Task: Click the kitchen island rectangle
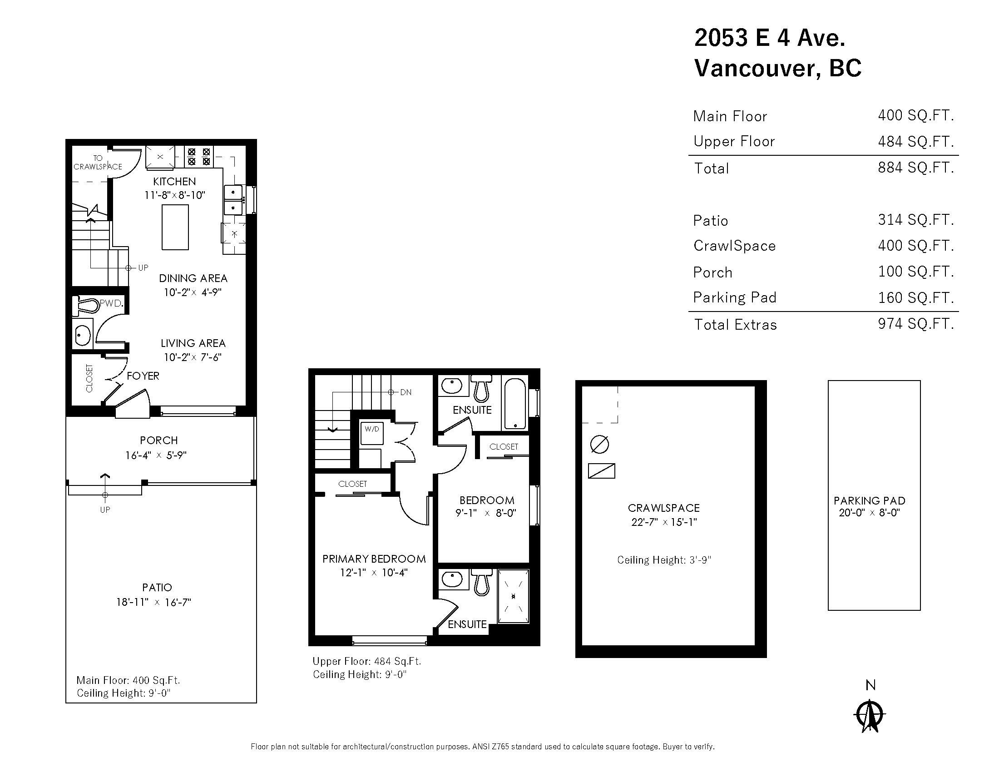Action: (175, 228)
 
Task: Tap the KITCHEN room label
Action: (174, 182)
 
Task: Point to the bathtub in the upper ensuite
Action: (515, 403)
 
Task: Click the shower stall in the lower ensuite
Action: (513, 596)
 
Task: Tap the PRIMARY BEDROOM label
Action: (374, 559)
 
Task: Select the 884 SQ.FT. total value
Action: (915, 168)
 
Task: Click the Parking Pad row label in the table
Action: (735, 298)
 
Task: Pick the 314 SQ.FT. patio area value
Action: (915, 220)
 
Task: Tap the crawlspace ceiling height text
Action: (664, 560)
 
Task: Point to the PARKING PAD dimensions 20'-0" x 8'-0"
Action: (869, 513)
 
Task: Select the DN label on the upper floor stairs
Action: (405, 392)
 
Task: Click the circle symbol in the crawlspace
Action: (599, 444)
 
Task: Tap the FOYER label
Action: (143, 376)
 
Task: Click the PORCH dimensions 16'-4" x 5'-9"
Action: (156, 455)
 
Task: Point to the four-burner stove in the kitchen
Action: (199, 156)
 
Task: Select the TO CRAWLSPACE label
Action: (98, 163)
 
